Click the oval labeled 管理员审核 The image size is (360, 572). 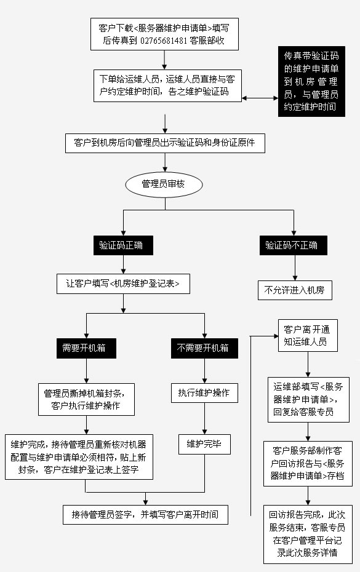click(164, 185)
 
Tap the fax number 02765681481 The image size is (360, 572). click(164, 41)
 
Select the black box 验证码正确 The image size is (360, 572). click(123, 245)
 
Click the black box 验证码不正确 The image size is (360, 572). click(293, 245)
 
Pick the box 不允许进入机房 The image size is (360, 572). click(295, 290)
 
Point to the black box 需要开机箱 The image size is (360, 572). click(86, 348)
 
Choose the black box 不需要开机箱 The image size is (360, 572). click(204, 348)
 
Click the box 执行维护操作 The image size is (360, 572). click(204, 393)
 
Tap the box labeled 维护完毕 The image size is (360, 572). click(204, 444)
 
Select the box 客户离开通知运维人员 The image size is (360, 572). click(308, 336)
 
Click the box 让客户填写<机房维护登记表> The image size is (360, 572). click(123, 284)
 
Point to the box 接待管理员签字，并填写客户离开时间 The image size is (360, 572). click(145, 515)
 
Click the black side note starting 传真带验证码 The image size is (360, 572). click(311, 81)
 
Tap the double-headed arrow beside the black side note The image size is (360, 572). click(260, 98)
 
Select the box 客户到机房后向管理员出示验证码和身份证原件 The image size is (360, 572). click(165, 143)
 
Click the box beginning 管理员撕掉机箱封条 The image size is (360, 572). click(86, 399)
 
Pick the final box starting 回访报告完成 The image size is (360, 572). click(308, 534)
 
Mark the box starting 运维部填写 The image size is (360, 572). click(308, 399)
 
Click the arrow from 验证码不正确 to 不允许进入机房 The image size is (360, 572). click(295, 268)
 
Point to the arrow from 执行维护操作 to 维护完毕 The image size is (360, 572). click(204, 418)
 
